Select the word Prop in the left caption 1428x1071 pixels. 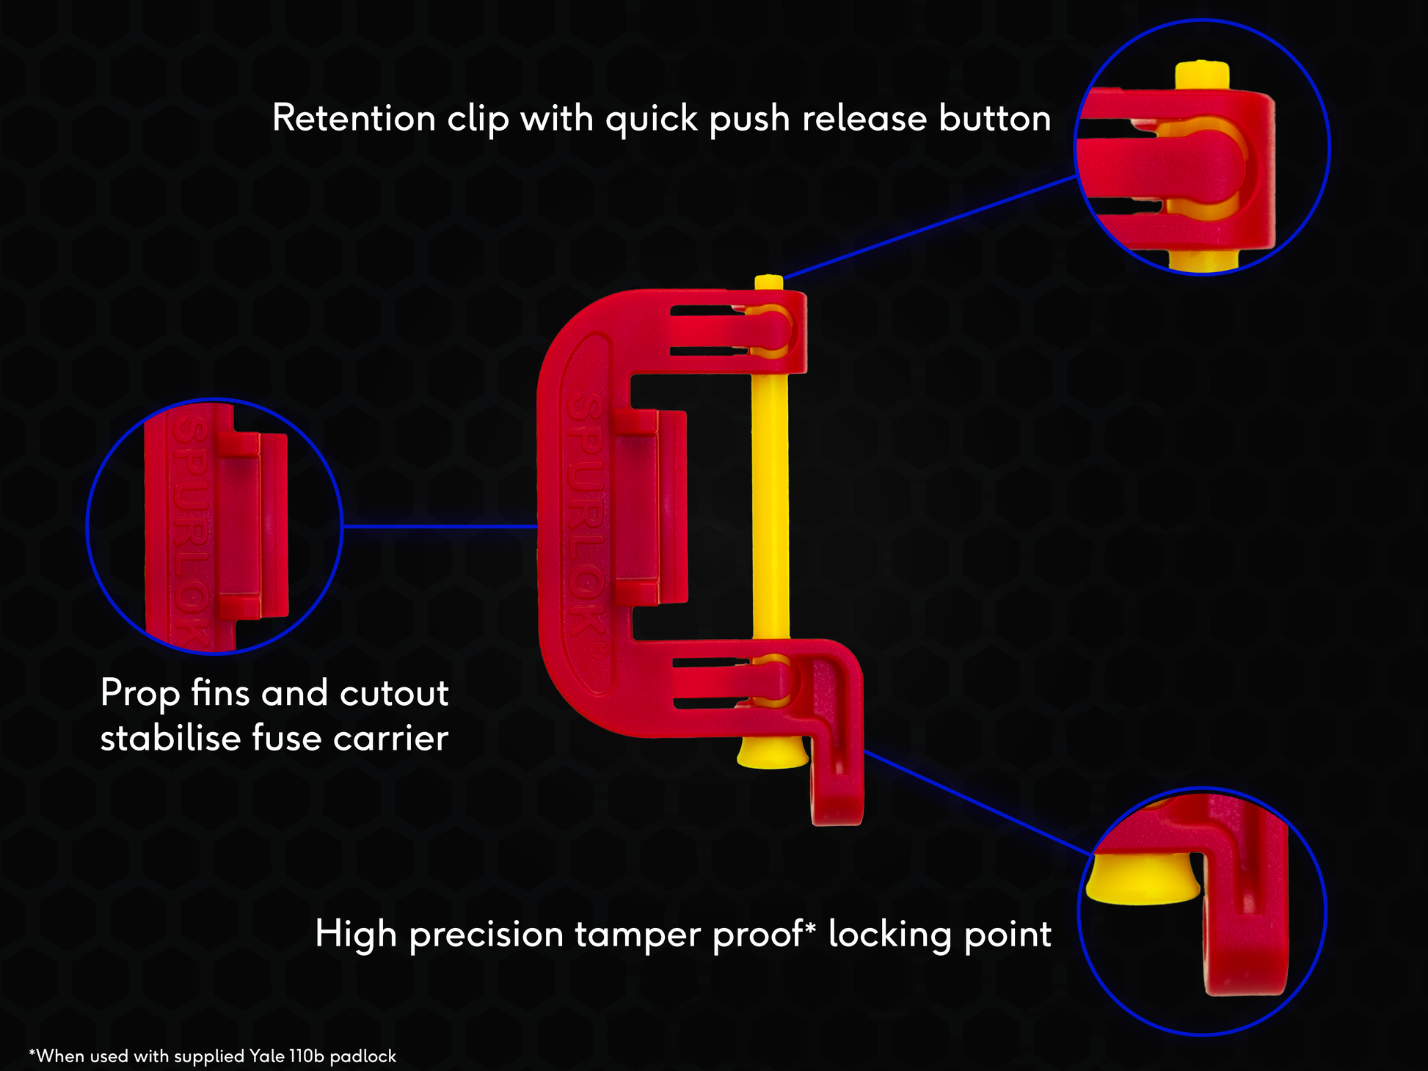140,693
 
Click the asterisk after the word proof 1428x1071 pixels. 810,927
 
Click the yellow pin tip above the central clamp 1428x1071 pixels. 768,282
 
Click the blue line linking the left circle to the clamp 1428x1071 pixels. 440,526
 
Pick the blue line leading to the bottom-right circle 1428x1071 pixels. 976,803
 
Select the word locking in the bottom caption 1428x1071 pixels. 889,935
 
